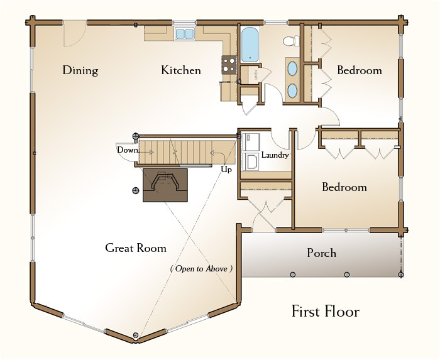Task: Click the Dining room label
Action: [x=80, y=70]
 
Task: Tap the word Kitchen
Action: [x=181, y=70]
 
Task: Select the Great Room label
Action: [x=136, y=248]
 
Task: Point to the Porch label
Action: [x=322, y=253]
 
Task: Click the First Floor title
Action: [x=326, y=312]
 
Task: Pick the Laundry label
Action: [x=275, y=155]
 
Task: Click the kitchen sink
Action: [x=185, y=34]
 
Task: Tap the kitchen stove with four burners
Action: [x=229, y=65]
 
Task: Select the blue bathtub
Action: [x=250, y=45]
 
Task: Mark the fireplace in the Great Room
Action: [x=165, y=185]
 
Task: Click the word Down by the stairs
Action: [x=128, y=150]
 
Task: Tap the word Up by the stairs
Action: [x=226, y=170]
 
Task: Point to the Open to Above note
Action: [x=202, y=269]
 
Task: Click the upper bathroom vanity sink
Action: [x=293, y=68]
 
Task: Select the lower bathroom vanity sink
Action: [x=293, y=90]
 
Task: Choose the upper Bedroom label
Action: [x=360, y=70]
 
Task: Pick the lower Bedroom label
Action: [x=344, y=187]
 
